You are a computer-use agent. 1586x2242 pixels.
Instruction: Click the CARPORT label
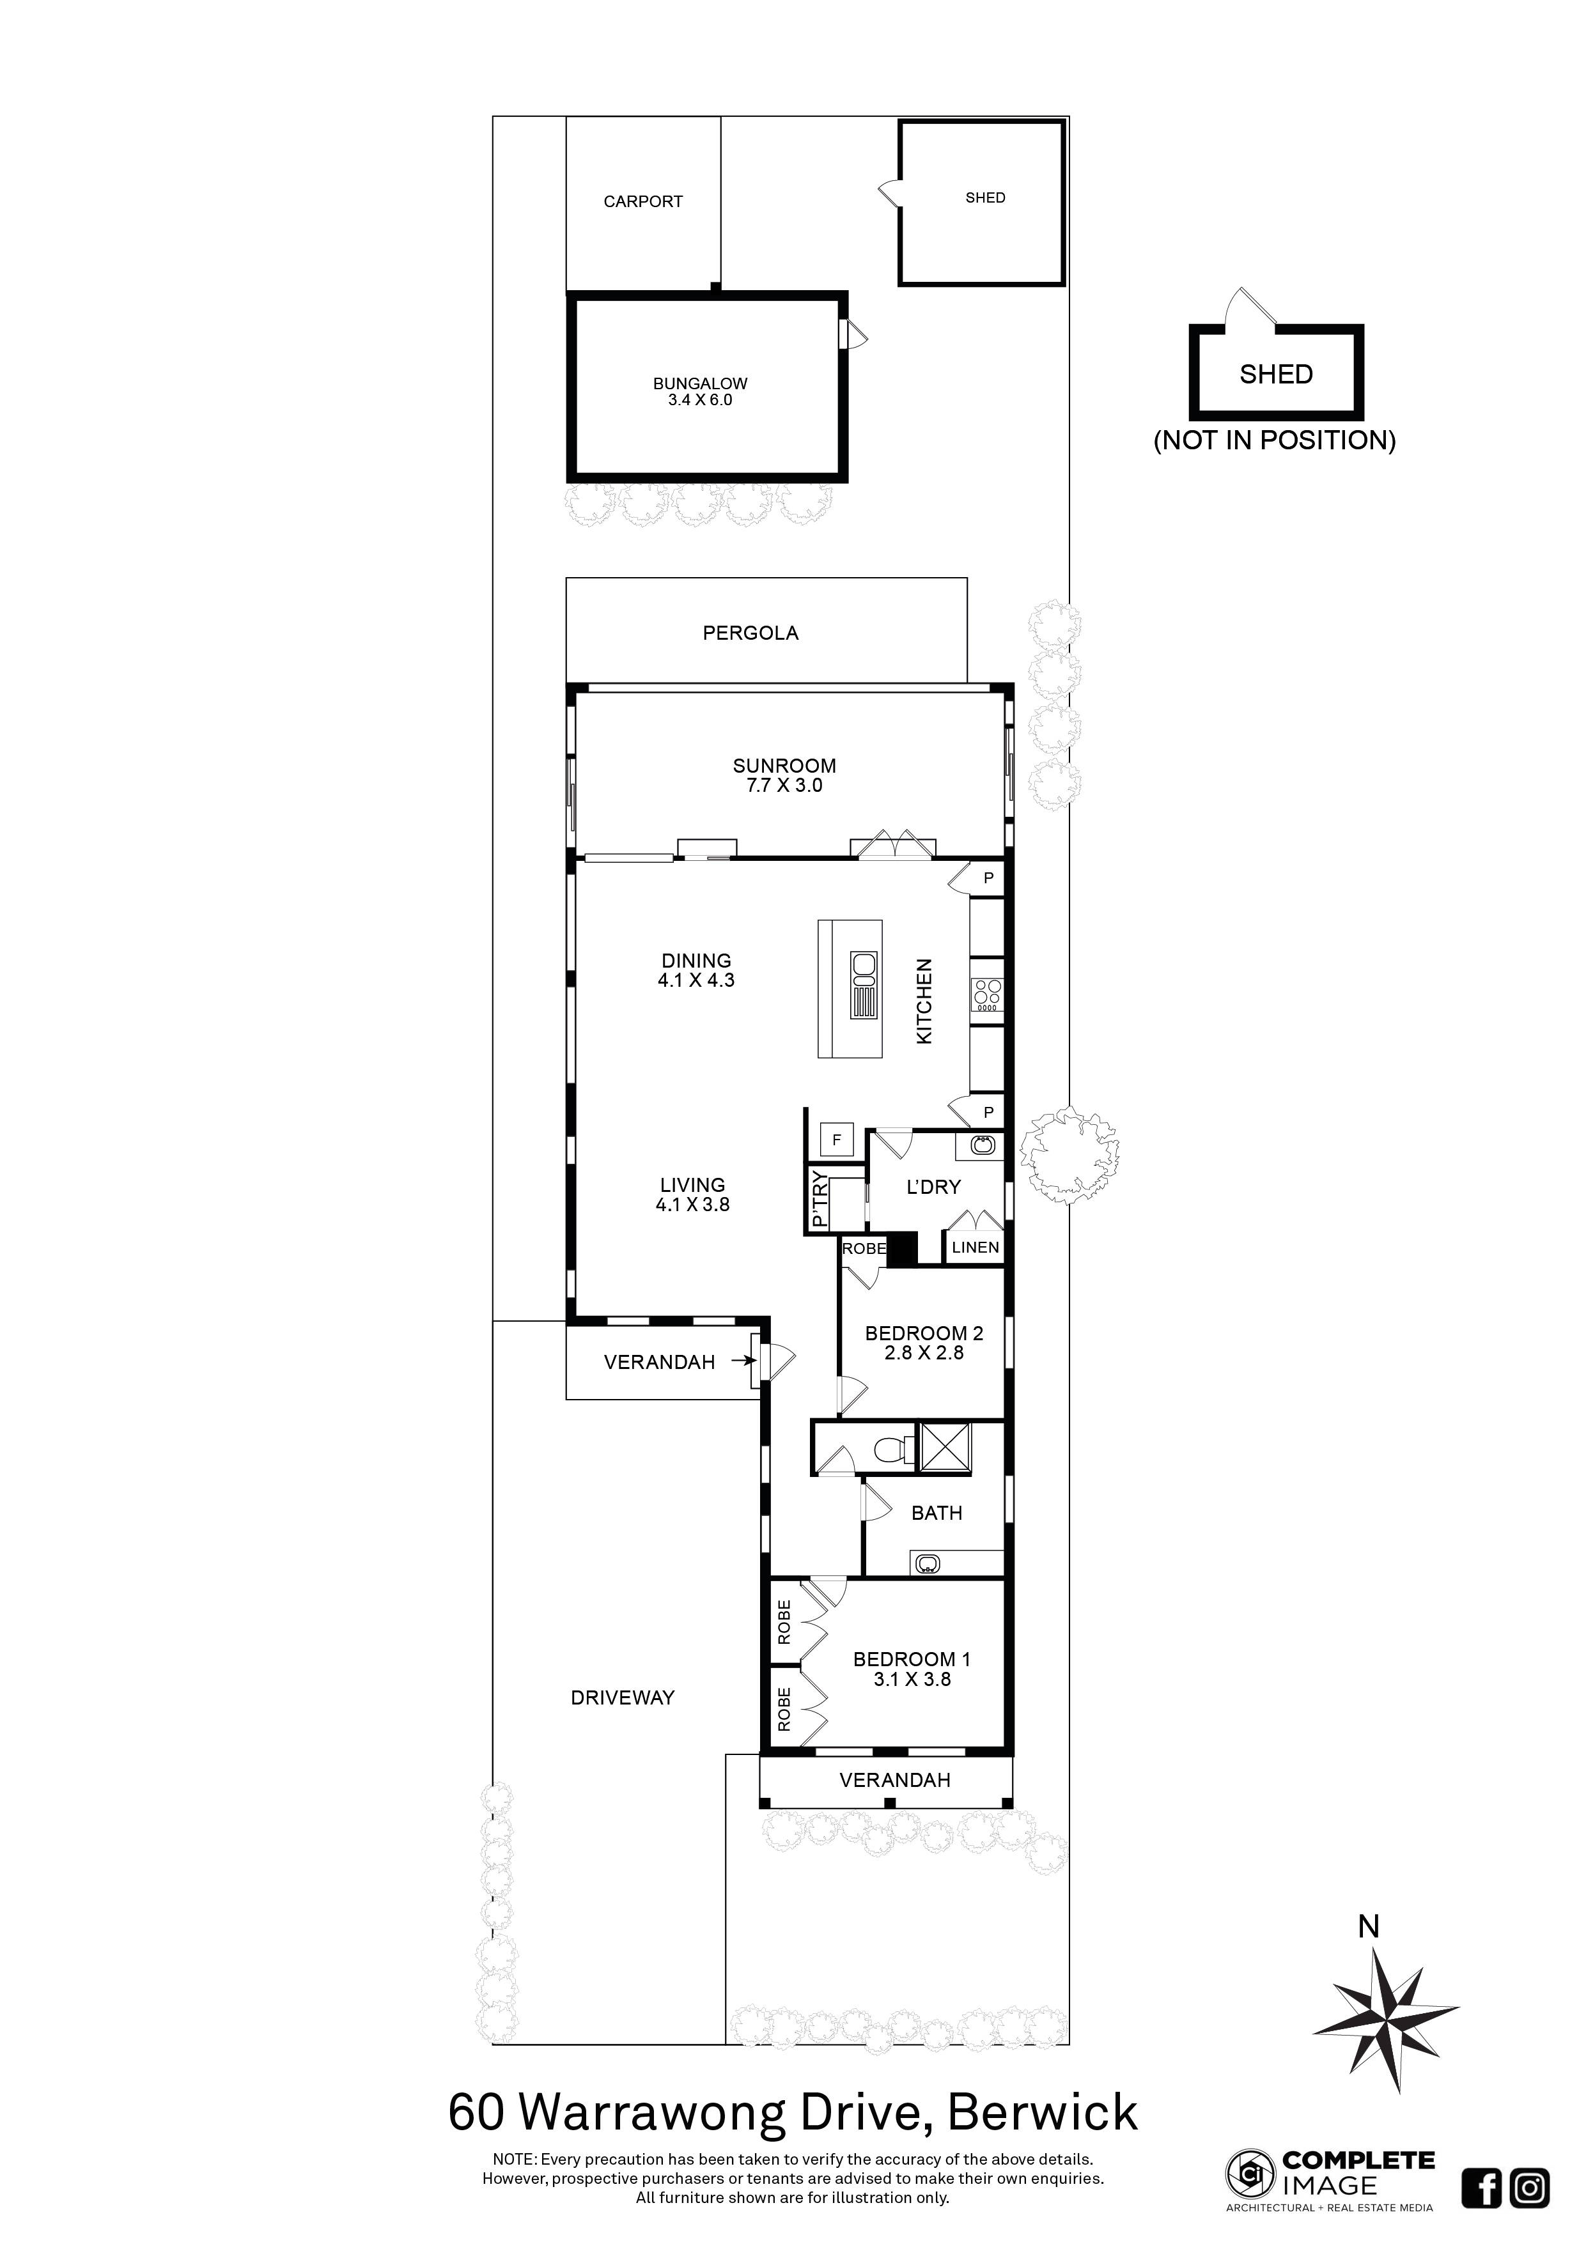coord(642,201)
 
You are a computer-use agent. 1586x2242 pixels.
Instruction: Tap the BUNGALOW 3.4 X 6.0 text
coord(700,392)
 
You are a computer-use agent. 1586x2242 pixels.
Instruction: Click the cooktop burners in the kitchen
coord(986,993)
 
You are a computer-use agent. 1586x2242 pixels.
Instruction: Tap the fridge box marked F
coord(836,1139)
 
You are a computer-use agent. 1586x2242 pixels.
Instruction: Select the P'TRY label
coord(820,1201)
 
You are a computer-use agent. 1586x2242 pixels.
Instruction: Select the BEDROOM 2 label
coord(923,1333)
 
